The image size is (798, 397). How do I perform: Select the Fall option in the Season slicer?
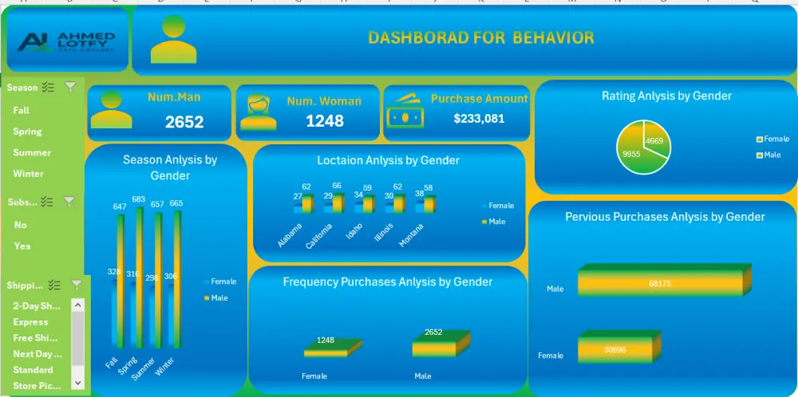(x=22, y=111)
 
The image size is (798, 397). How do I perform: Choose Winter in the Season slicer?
(x=29, y=174)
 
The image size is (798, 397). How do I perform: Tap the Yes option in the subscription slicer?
(x=22, y=246)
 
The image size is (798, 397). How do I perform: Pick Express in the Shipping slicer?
(x=30, y=322)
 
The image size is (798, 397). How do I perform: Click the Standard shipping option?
(x=33, y=370)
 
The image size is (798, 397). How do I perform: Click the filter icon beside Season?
(x=70, y=88)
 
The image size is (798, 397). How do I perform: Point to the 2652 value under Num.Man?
(x=184, y=122)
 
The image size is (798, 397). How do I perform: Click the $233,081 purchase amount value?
(x=479, y=118)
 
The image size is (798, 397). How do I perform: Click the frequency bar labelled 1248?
(x=326, y=350)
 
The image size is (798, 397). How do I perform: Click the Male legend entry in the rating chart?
(x=770, y=155)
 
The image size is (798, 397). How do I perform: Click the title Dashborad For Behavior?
(x=480, y=37)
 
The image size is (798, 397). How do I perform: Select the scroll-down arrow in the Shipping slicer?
(x=77, y=383)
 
